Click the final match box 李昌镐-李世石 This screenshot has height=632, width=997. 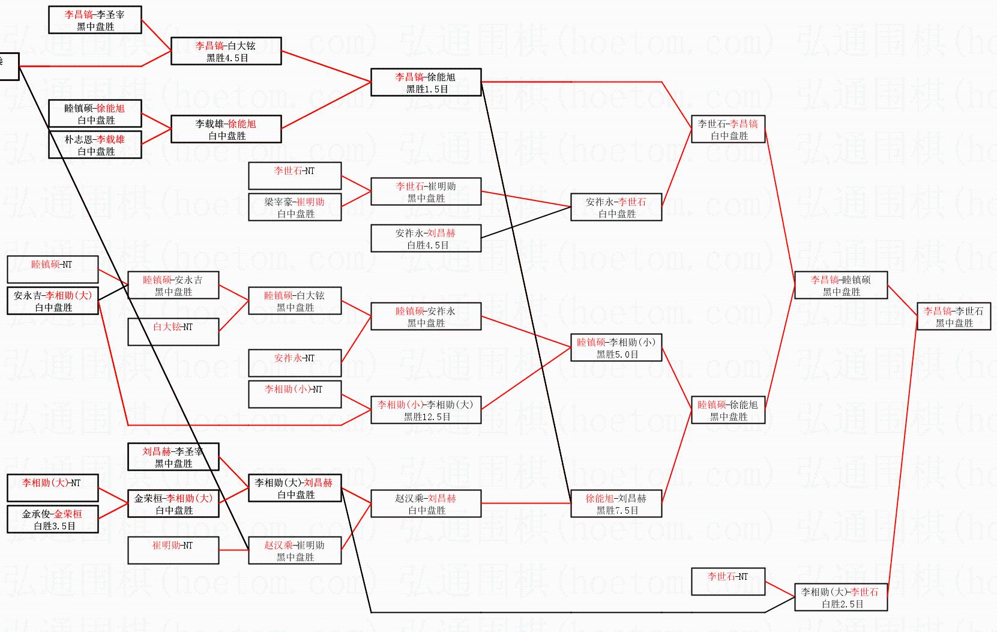pyautogui.click(x=953, y=316)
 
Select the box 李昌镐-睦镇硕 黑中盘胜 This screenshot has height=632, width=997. pyautogui.click(x=840, y=285)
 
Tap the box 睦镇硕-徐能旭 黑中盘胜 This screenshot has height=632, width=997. pyautogui.click(x=728, y=410)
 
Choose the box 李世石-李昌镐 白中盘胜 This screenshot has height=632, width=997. pyautogui.click(x=728, y=129)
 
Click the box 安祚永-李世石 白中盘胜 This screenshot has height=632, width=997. pyautogui.click(x=616, y=207)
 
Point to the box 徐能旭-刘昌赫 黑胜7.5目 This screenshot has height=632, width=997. pyautogui.click(x=616, y=504)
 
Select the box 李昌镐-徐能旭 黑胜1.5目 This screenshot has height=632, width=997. pyautogui.click(x=426, y=82)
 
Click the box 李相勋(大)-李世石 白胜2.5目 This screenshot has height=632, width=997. pyautogui.click(x=840, y=597)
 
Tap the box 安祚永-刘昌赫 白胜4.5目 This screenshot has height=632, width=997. pyautogui.click(x=426, y=238)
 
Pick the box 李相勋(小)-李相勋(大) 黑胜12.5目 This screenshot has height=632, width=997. pyautogui.click(x=426, y=410)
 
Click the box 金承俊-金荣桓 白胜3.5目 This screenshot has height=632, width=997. pyautogui.click(x=52, y=519)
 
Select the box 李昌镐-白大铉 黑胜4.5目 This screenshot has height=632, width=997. pyautogui.click(x=226, y=51)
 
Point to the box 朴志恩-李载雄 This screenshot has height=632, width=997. pyautogui.click(x=95, y=145)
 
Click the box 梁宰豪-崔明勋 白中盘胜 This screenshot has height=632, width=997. pyautogui.click(x=295, y=207)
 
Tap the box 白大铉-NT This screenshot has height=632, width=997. pyautogui.click(x=173, y=332)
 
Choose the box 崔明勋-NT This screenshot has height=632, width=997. pyautogui.click(x=173, y=550)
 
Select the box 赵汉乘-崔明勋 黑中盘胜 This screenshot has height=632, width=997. pyautogui.click(x=295, y=550)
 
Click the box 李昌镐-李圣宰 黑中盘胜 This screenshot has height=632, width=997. pyautogui.click(x=95, y=20)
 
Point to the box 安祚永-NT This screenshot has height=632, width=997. pyautogui.click(x=295, y=363)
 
